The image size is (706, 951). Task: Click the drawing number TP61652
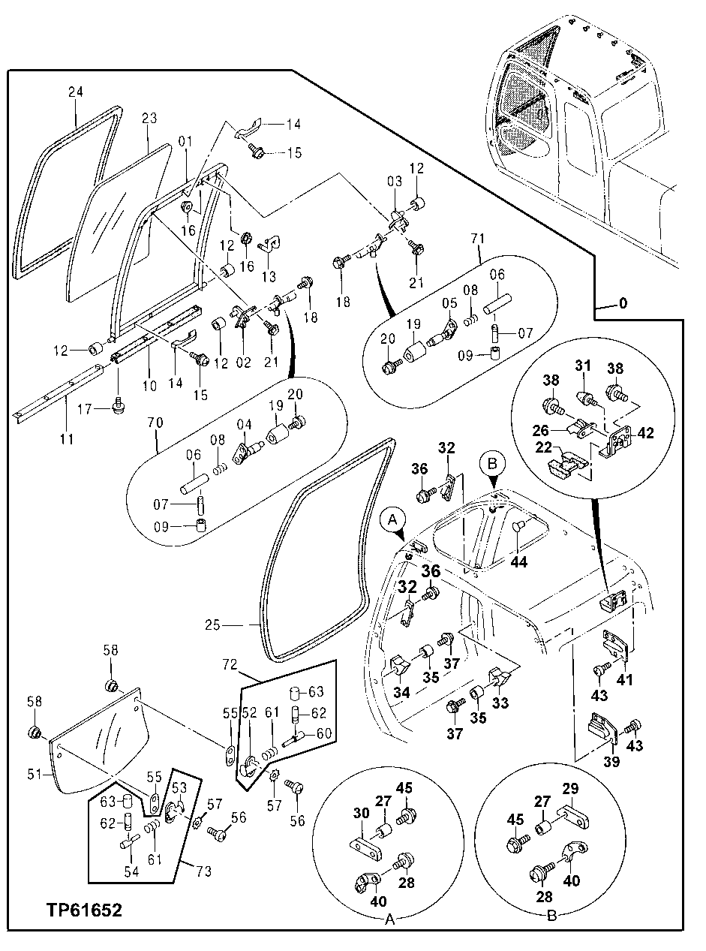pos(73,910)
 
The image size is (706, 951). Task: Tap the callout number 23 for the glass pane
pos(149,118)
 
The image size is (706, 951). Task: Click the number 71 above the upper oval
pos(479,239)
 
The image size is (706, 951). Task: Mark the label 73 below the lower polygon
pos(204,871)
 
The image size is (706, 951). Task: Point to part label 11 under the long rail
pos(67,439)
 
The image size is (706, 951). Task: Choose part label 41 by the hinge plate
pos(624,681)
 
